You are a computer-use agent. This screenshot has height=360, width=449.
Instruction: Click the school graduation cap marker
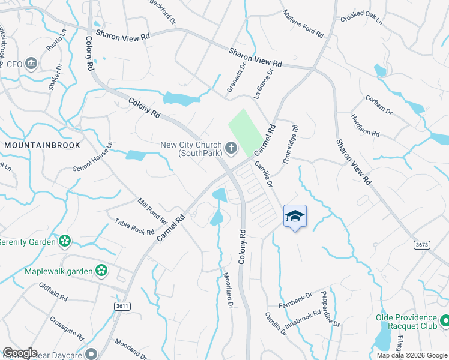click(x=295, y=216)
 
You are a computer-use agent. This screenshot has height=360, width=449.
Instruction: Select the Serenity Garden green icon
click(x=65, y=241)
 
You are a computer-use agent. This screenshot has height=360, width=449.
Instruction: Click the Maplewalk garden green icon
click(x=101, y=271)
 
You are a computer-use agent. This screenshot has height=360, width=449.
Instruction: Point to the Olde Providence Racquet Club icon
click(x=444, y=322)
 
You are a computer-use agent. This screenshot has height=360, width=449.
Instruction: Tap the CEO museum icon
click(x=31, y=64)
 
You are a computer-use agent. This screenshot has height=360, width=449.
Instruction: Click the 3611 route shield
click(x=123, y=306)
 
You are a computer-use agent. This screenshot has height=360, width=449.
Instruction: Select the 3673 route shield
click(x=422, y=245)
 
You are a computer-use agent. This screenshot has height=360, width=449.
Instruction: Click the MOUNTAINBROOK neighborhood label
click(x=41, y=145)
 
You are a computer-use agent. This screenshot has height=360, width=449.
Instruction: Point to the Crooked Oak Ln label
click(x=361, y=18)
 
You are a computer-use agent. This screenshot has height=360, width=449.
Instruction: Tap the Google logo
click(x=20, y=353)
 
